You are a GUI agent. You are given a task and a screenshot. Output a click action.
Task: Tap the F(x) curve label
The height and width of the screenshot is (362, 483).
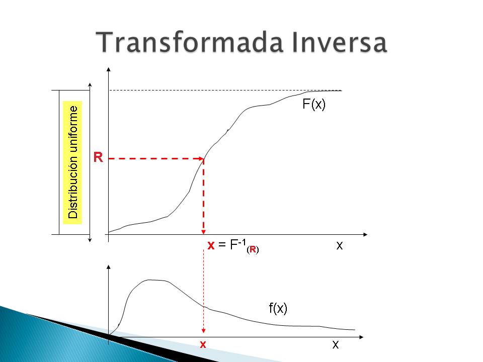coord(314,105)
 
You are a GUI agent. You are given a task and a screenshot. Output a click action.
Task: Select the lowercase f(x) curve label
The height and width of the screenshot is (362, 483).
coord(278,308)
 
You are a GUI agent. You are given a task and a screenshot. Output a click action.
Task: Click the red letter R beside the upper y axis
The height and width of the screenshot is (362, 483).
coord(98,157)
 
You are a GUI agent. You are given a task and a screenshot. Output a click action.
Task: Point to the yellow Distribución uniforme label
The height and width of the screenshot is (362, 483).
coord(72,162)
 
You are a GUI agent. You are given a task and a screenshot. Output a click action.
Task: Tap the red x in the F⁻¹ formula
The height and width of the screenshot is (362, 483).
coord(211,246)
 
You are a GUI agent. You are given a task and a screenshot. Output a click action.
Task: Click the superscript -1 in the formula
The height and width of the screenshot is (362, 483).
coord(242,242)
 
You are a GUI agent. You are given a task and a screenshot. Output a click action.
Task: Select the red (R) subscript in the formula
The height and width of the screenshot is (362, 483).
coord(253,249)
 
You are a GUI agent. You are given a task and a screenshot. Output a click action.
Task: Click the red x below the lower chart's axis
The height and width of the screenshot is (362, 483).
coord(203,345)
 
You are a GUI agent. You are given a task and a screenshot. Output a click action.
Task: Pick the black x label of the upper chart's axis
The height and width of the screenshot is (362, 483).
coord(340,246)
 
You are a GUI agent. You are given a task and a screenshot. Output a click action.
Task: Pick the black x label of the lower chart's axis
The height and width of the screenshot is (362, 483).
coord(336,345)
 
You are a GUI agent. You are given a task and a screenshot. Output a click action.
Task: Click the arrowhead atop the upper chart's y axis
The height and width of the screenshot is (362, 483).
coord(109,69)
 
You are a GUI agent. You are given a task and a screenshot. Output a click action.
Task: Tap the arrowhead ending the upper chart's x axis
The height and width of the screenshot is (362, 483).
coord(365,235)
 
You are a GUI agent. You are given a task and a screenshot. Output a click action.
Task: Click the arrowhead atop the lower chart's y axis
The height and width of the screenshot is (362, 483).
coord(109,267)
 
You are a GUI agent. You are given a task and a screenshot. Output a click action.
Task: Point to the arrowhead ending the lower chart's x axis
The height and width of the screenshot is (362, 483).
coord(362,337)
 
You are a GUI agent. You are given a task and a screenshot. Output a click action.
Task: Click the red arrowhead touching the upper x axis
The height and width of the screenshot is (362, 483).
coord(203,232)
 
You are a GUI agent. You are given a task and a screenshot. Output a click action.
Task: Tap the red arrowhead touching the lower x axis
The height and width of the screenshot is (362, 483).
coord(203,331)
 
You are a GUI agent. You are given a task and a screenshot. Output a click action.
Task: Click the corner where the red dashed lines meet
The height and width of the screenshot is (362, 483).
coord(203,158)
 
